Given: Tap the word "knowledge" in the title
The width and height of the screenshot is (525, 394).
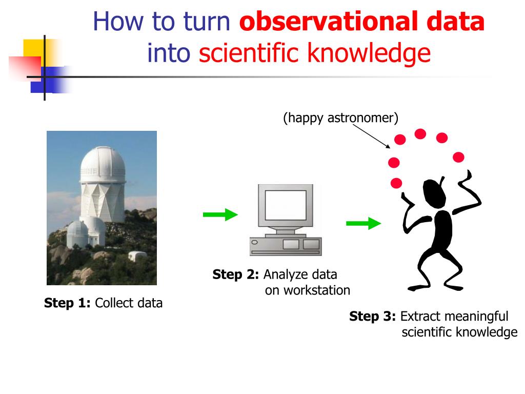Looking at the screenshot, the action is [x=369, y=53].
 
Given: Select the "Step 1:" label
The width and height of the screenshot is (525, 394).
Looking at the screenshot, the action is [x=67, y=303].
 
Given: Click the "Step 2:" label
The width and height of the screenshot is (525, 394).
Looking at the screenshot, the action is [x=236, y=274].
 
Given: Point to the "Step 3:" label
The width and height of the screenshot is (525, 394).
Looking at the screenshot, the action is [x=373, y=316].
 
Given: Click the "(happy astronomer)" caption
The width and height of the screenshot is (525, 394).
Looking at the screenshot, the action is [x=341, y=118].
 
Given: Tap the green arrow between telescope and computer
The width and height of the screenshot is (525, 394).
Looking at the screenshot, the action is [x=220, y=214].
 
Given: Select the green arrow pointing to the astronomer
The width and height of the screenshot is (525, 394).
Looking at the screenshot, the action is [x=364, y=223].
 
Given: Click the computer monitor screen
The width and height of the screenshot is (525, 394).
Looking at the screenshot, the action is [x=286, y=205].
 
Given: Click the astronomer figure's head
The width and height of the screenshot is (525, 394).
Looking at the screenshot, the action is [x=434, y=193].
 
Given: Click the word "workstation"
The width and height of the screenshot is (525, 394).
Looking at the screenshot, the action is [x=308, y=290].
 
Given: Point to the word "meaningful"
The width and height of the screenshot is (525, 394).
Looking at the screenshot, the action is [x=454, y=316].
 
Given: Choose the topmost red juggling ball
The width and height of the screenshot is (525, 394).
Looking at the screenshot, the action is [x=420, y=134].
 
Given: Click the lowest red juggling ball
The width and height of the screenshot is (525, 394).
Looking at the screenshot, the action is [x=396, y=183].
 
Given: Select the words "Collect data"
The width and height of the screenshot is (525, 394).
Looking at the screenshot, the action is [x=129, y=303].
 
